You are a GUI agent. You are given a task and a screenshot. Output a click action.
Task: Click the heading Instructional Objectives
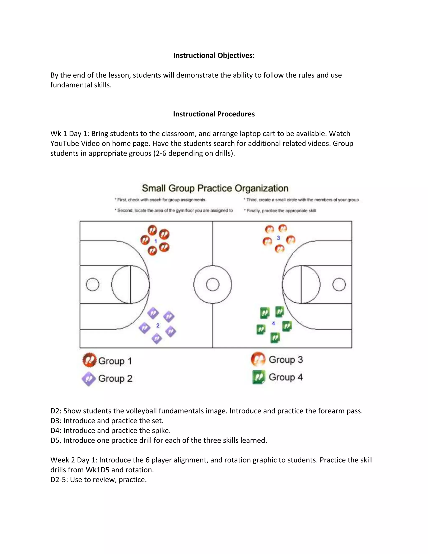(x=214, y=56)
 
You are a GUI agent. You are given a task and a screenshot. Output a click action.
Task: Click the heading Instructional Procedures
(x=214, y=114)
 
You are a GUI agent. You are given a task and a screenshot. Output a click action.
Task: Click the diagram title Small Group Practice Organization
(x=215, y=188)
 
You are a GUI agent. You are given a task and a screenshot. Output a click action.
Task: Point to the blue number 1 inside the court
(x=156, y=241)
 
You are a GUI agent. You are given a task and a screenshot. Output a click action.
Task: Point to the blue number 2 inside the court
(x=158, y=326)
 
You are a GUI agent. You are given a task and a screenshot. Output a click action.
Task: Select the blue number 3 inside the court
(x=278, y=238)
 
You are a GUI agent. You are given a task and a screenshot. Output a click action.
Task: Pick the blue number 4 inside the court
(x=273, y=323)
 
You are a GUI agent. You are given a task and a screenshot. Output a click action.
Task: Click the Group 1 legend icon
(x=89, y=360)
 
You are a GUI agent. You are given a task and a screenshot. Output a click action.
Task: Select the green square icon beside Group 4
(x=259, y=377)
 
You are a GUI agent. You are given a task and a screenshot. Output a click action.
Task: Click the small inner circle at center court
(x=213, y=284)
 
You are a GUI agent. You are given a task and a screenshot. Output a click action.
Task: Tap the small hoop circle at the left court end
(x=93, y=284)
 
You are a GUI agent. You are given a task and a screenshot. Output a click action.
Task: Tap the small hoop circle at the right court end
(x=339, y=284)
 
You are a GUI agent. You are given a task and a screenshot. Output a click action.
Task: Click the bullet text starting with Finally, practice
(x=281, y=211)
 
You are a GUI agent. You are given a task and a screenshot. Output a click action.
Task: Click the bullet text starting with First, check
(x=161, y=200)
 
